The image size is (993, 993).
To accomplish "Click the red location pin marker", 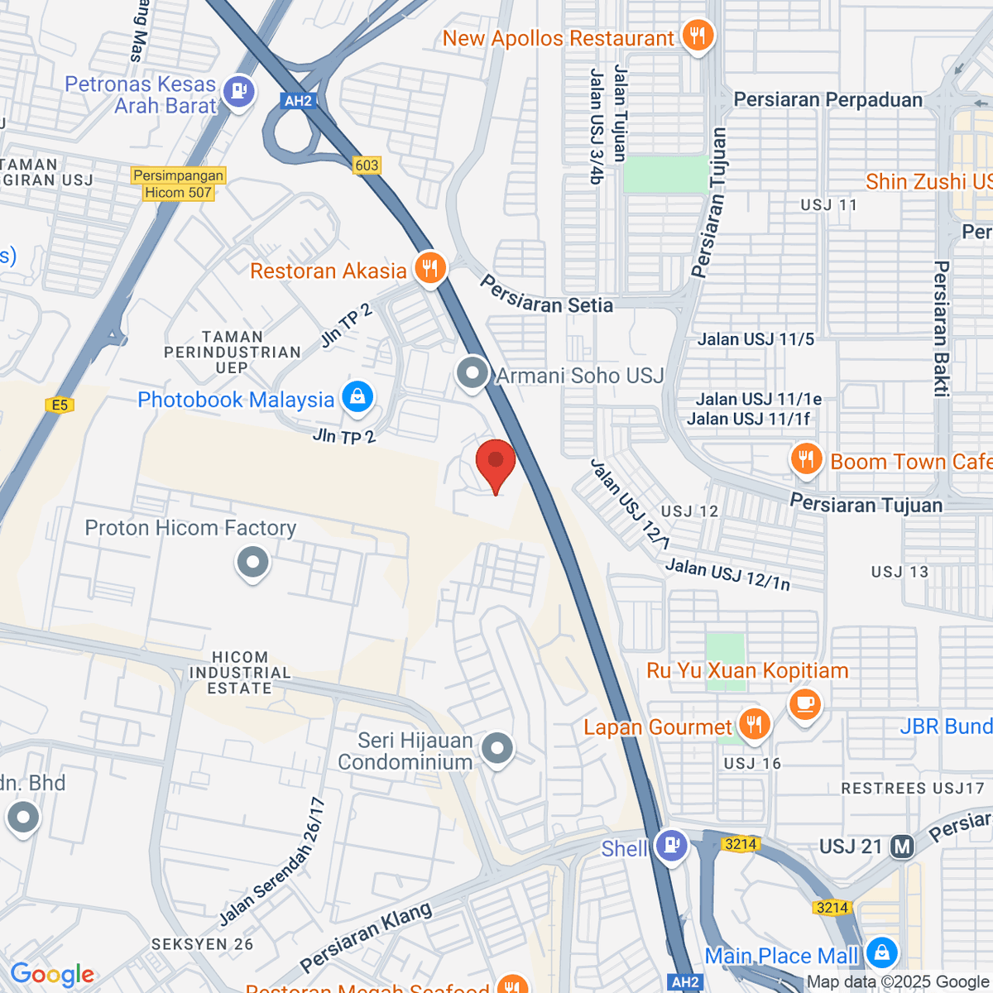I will tap(496, 463).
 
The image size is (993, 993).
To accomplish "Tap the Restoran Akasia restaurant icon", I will tap(429, 269).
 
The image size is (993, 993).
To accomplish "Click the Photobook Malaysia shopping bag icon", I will tap(357, 397).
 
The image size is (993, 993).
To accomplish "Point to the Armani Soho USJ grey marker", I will tap(473, 373).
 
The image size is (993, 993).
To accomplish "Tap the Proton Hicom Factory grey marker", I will tap(252, 564).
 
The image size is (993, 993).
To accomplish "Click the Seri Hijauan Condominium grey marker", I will tap(496, 749).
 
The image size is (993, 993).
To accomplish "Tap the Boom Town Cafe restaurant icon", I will tap(805, 459).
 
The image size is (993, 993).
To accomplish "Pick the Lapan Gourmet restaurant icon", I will tap(753, 725).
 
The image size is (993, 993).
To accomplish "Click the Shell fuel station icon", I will tap(670, 846).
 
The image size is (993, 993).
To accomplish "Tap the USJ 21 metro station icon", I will tap(902, 847).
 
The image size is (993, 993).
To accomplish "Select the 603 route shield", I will tap(367, 165).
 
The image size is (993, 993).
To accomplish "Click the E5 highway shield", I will tap(60, 405).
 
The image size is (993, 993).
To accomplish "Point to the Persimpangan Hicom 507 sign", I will tap(179, 184).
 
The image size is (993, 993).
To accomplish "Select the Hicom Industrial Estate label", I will tap(239, 672).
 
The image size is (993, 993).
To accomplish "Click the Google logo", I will tap(52, 975).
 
